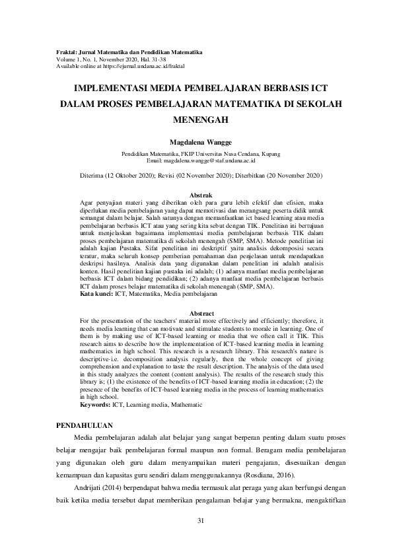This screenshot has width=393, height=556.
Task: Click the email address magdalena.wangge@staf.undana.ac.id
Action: (211, 160)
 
